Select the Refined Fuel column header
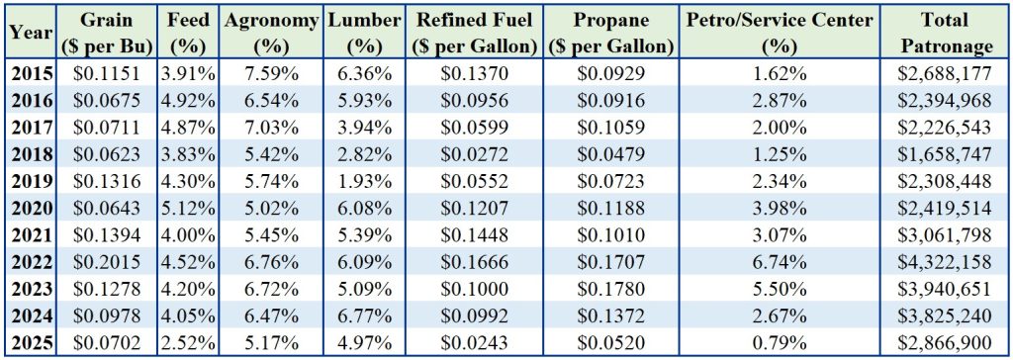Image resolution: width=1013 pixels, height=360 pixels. tap(475, 33)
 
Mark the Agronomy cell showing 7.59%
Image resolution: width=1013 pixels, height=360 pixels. tap(272, 73)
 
